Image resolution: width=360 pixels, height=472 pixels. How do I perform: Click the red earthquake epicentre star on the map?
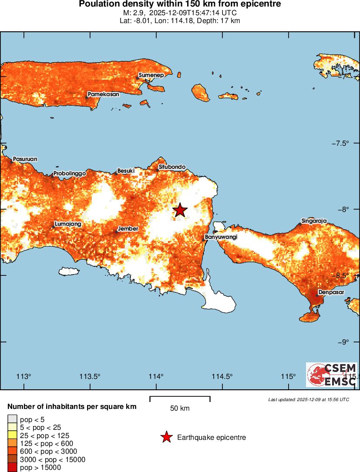[180, 210]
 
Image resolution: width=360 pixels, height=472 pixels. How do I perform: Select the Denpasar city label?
[331, 292]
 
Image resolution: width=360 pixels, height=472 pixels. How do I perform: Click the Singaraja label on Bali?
[314, 221]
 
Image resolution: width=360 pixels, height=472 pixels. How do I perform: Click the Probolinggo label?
[70, 174]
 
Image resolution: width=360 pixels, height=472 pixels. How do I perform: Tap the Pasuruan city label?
[25, 159]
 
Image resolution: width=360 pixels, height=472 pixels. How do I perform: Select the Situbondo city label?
[172, 167]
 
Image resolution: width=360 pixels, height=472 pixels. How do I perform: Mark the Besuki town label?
[126, 171]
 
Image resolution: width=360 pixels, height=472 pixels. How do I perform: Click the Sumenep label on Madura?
[151, 75]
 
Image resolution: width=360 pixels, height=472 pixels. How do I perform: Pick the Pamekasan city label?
[103, 94]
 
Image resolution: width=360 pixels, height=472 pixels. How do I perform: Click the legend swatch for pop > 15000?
[12, 468]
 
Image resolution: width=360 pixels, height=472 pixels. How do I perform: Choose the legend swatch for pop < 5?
[12, 419]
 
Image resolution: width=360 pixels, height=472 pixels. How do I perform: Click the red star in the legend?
[166, 437]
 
